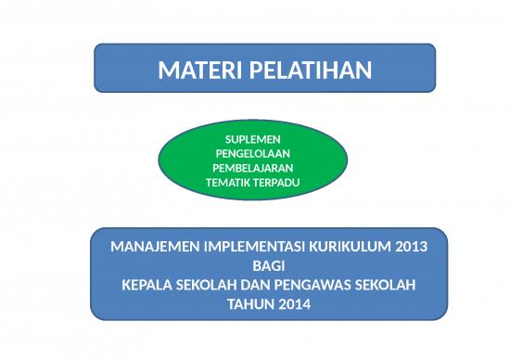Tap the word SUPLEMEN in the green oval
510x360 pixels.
click(253, 138)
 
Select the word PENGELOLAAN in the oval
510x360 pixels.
click(253, 153)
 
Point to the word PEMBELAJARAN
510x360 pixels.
click(253, 168)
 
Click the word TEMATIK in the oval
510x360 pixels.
click(229, 183)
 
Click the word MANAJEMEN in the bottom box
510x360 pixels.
click(152, 248)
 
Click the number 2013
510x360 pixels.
click(411, 248)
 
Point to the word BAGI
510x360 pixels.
click(269, 266)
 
